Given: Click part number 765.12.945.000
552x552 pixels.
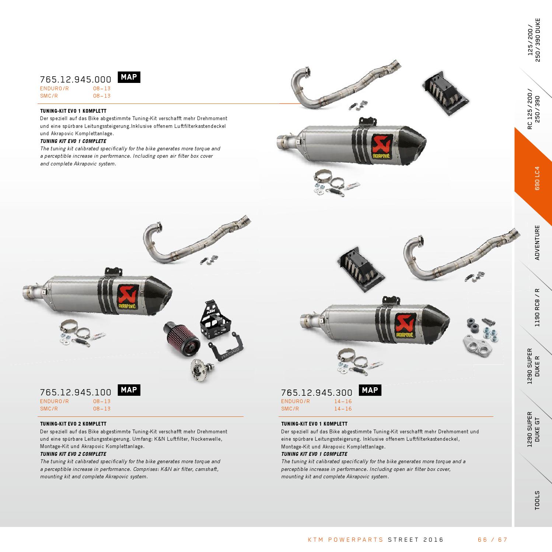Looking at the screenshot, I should coord(75,80).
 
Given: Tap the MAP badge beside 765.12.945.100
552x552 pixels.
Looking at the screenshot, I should coord(129,390).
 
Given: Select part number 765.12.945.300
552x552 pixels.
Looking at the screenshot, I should coord(317,393).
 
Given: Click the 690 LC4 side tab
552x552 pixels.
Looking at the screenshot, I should coord(537,178).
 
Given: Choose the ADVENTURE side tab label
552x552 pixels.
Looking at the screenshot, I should coord(537,242).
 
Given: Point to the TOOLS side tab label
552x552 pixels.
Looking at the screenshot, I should coord(537,500).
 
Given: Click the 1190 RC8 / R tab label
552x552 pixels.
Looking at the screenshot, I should coord(537,307).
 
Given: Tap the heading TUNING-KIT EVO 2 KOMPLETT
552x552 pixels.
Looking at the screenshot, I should coord(73,424).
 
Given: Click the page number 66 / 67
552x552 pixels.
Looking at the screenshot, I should coord(493,540).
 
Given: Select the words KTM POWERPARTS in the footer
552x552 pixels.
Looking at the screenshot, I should coord(346,540).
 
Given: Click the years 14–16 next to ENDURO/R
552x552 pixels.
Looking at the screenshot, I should coord(343,401).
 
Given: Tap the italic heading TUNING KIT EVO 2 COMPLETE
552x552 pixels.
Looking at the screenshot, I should coord(73,454).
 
